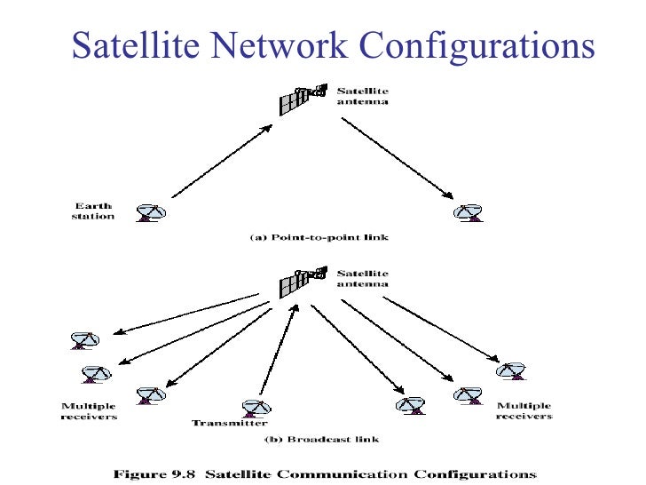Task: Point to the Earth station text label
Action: tap(92, 211)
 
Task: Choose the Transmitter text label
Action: tap(230, 423)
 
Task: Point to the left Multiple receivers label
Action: tap(89, 411)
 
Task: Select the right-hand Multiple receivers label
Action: tap(524, 411)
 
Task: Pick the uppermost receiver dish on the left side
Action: tap(84, 340)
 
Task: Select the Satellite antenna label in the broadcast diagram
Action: tap(362, 279)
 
